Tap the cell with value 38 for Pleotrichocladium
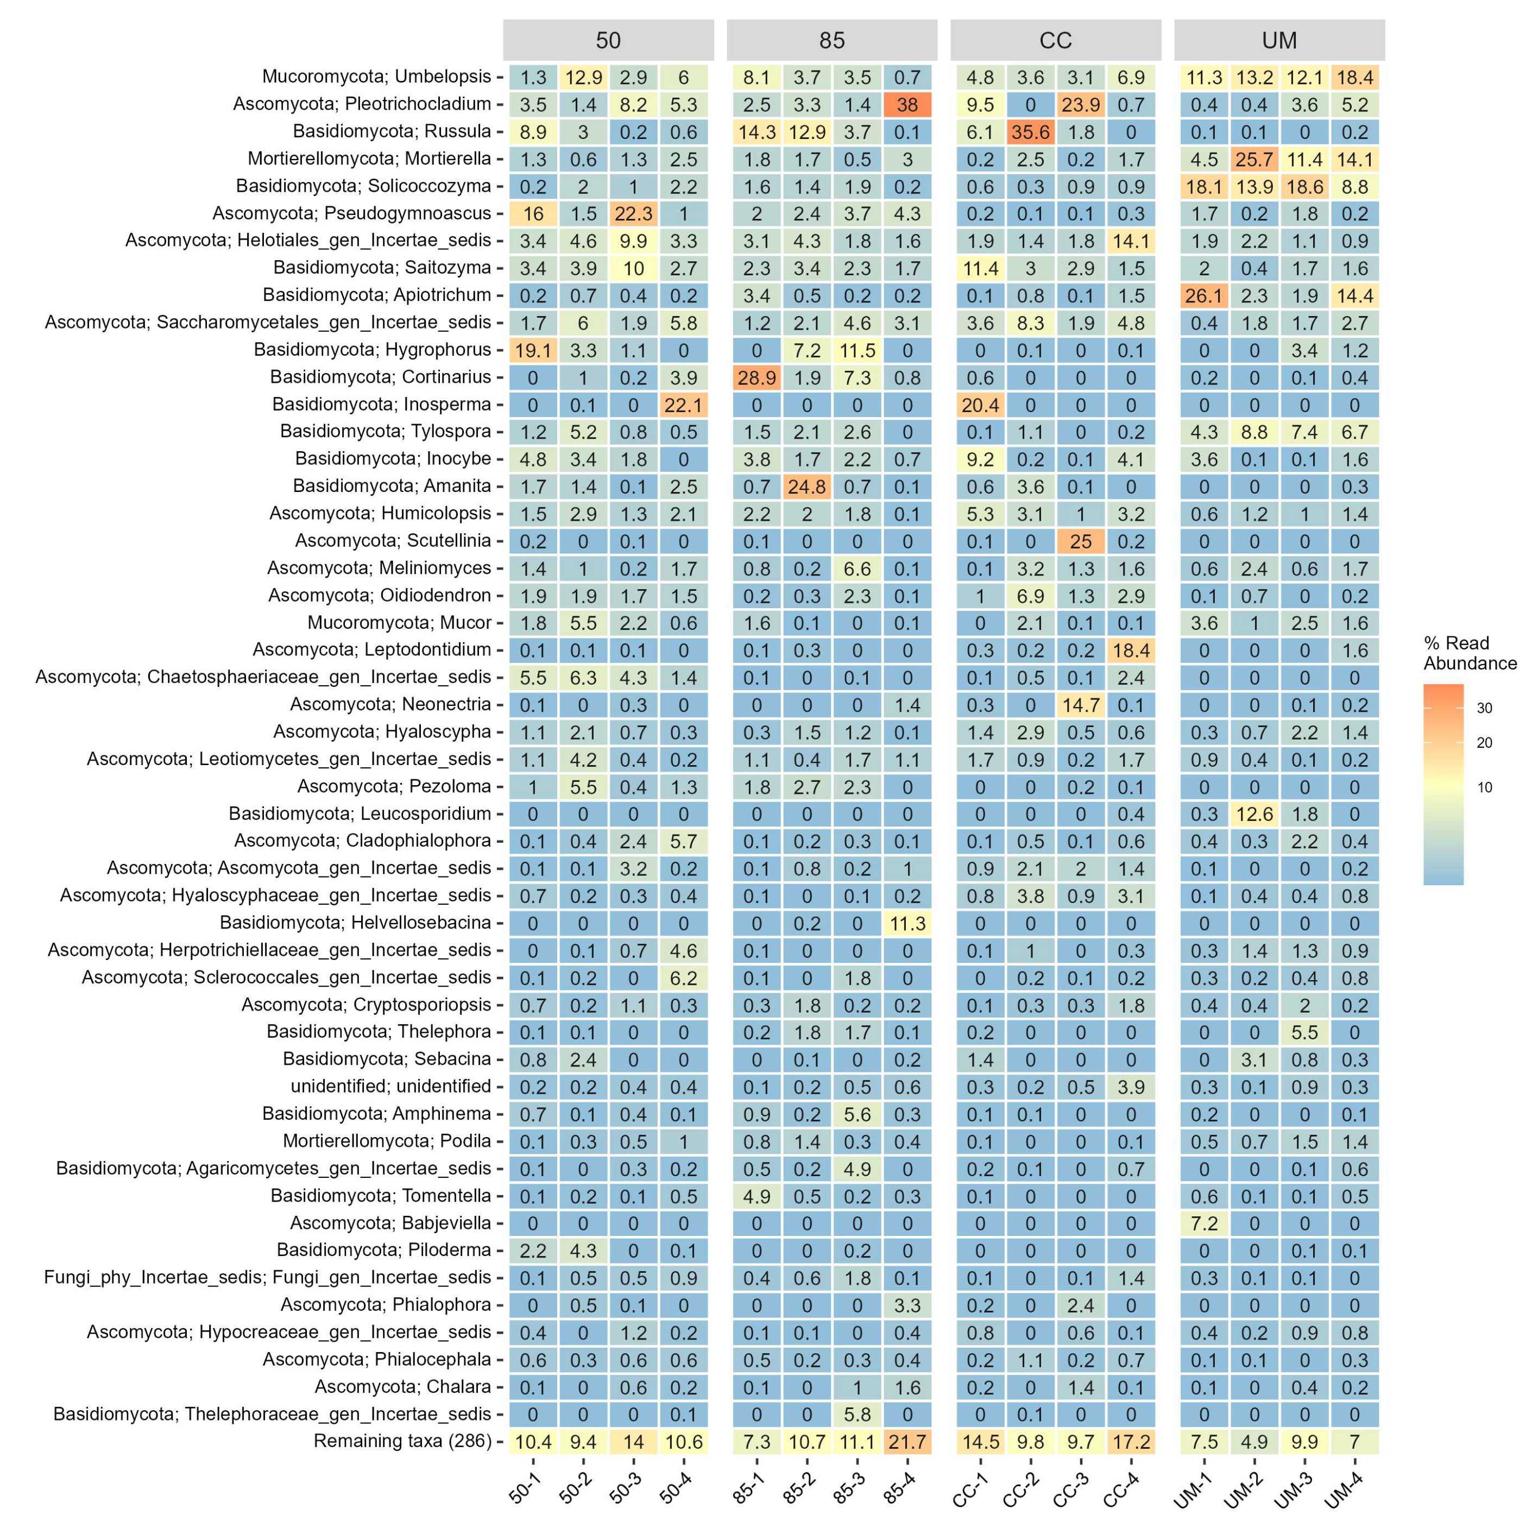point(907,105)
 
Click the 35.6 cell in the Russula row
point(1030,132)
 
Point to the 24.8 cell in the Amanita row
point(807,487)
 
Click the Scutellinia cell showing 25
point(1080,541)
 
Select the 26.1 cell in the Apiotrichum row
point(1204,296)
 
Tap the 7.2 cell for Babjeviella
point(1204,1223)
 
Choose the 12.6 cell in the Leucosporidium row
point(1254,815)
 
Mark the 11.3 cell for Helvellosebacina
point(907,924)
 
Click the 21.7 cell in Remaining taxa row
point(907,1442)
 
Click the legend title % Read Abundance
point(1469,653)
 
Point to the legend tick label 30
point(1484,708)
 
